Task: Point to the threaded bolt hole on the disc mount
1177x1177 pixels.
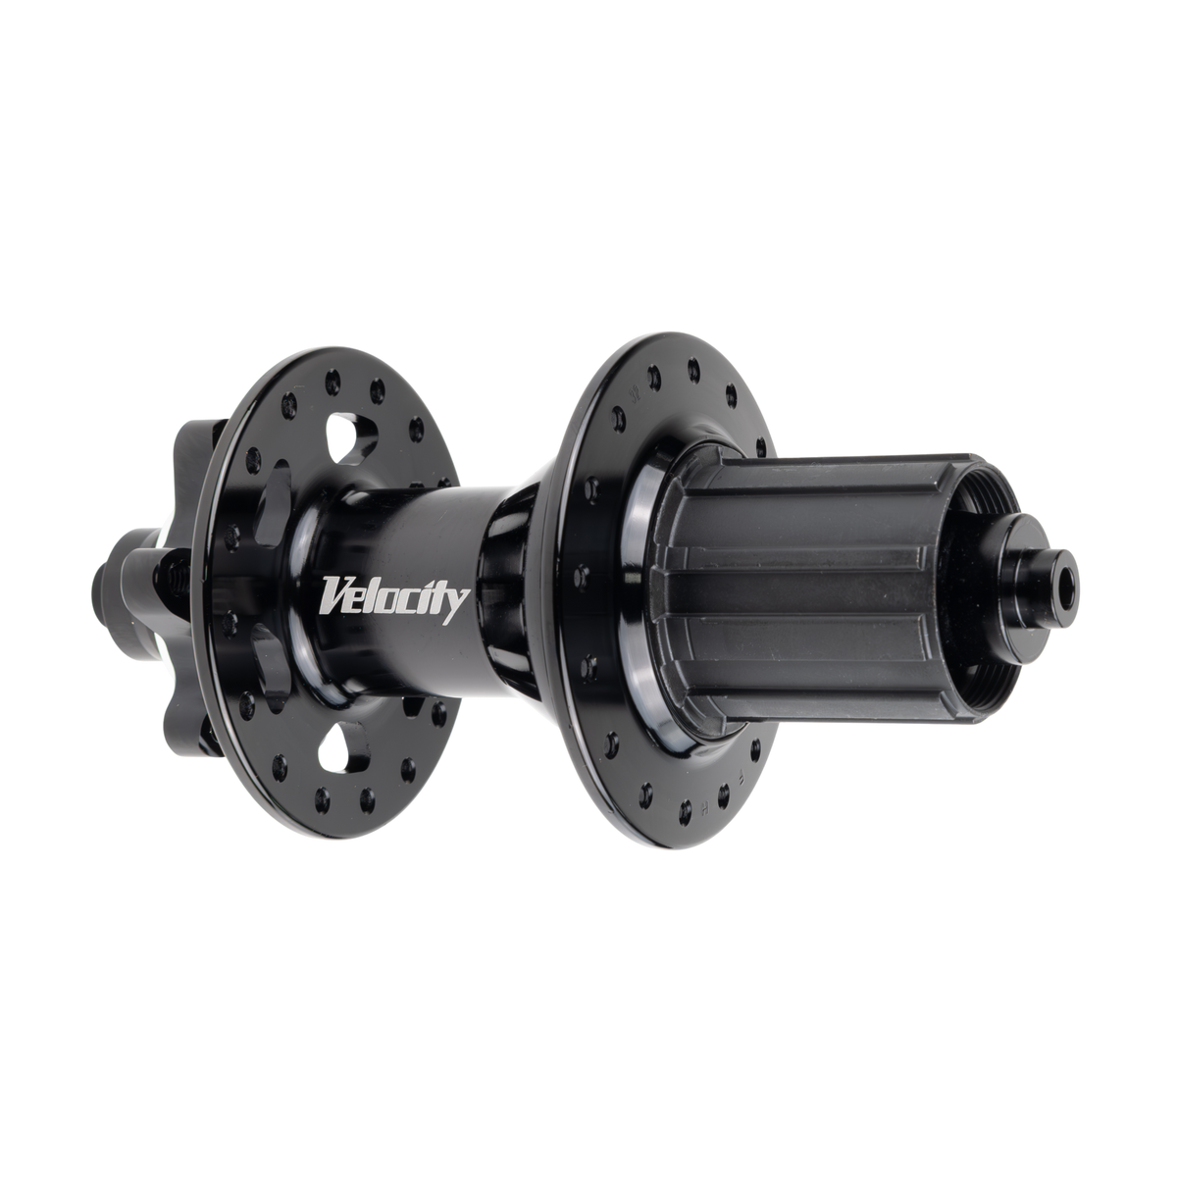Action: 179,574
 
